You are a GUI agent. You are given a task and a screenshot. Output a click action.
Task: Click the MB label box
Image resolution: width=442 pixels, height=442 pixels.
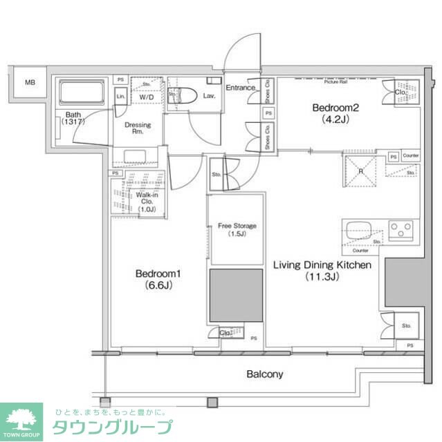(30, 83)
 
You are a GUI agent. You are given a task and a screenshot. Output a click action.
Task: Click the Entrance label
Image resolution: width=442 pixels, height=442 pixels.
(241, 88)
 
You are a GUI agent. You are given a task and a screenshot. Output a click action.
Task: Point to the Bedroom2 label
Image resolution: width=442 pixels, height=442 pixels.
(334, 107)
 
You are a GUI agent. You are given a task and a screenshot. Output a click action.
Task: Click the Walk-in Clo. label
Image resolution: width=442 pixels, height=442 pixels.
(146, 200)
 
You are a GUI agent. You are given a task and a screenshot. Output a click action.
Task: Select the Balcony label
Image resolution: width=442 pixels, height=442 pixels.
(265, 374)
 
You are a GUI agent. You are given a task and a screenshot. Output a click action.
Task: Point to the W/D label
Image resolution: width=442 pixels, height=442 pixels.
(146, 97)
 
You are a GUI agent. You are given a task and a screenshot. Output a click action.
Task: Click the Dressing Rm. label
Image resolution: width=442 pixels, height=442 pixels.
(138, 128)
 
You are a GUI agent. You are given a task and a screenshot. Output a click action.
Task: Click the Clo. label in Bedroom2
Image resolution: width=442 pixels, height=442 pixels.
(400, 91)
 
